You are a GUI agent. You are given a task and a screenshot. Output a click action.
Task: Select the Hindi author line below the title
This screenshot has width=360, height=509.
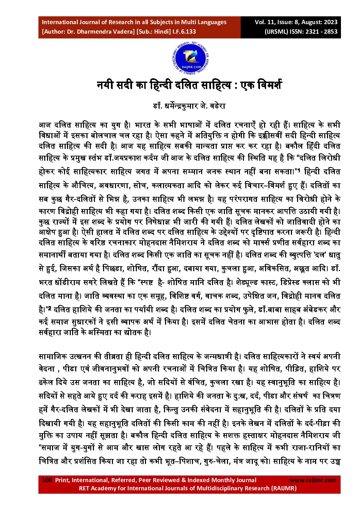189,106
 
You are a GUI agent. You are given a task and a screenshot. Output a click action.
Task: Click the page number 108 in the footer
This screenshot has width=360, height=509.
47,480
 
